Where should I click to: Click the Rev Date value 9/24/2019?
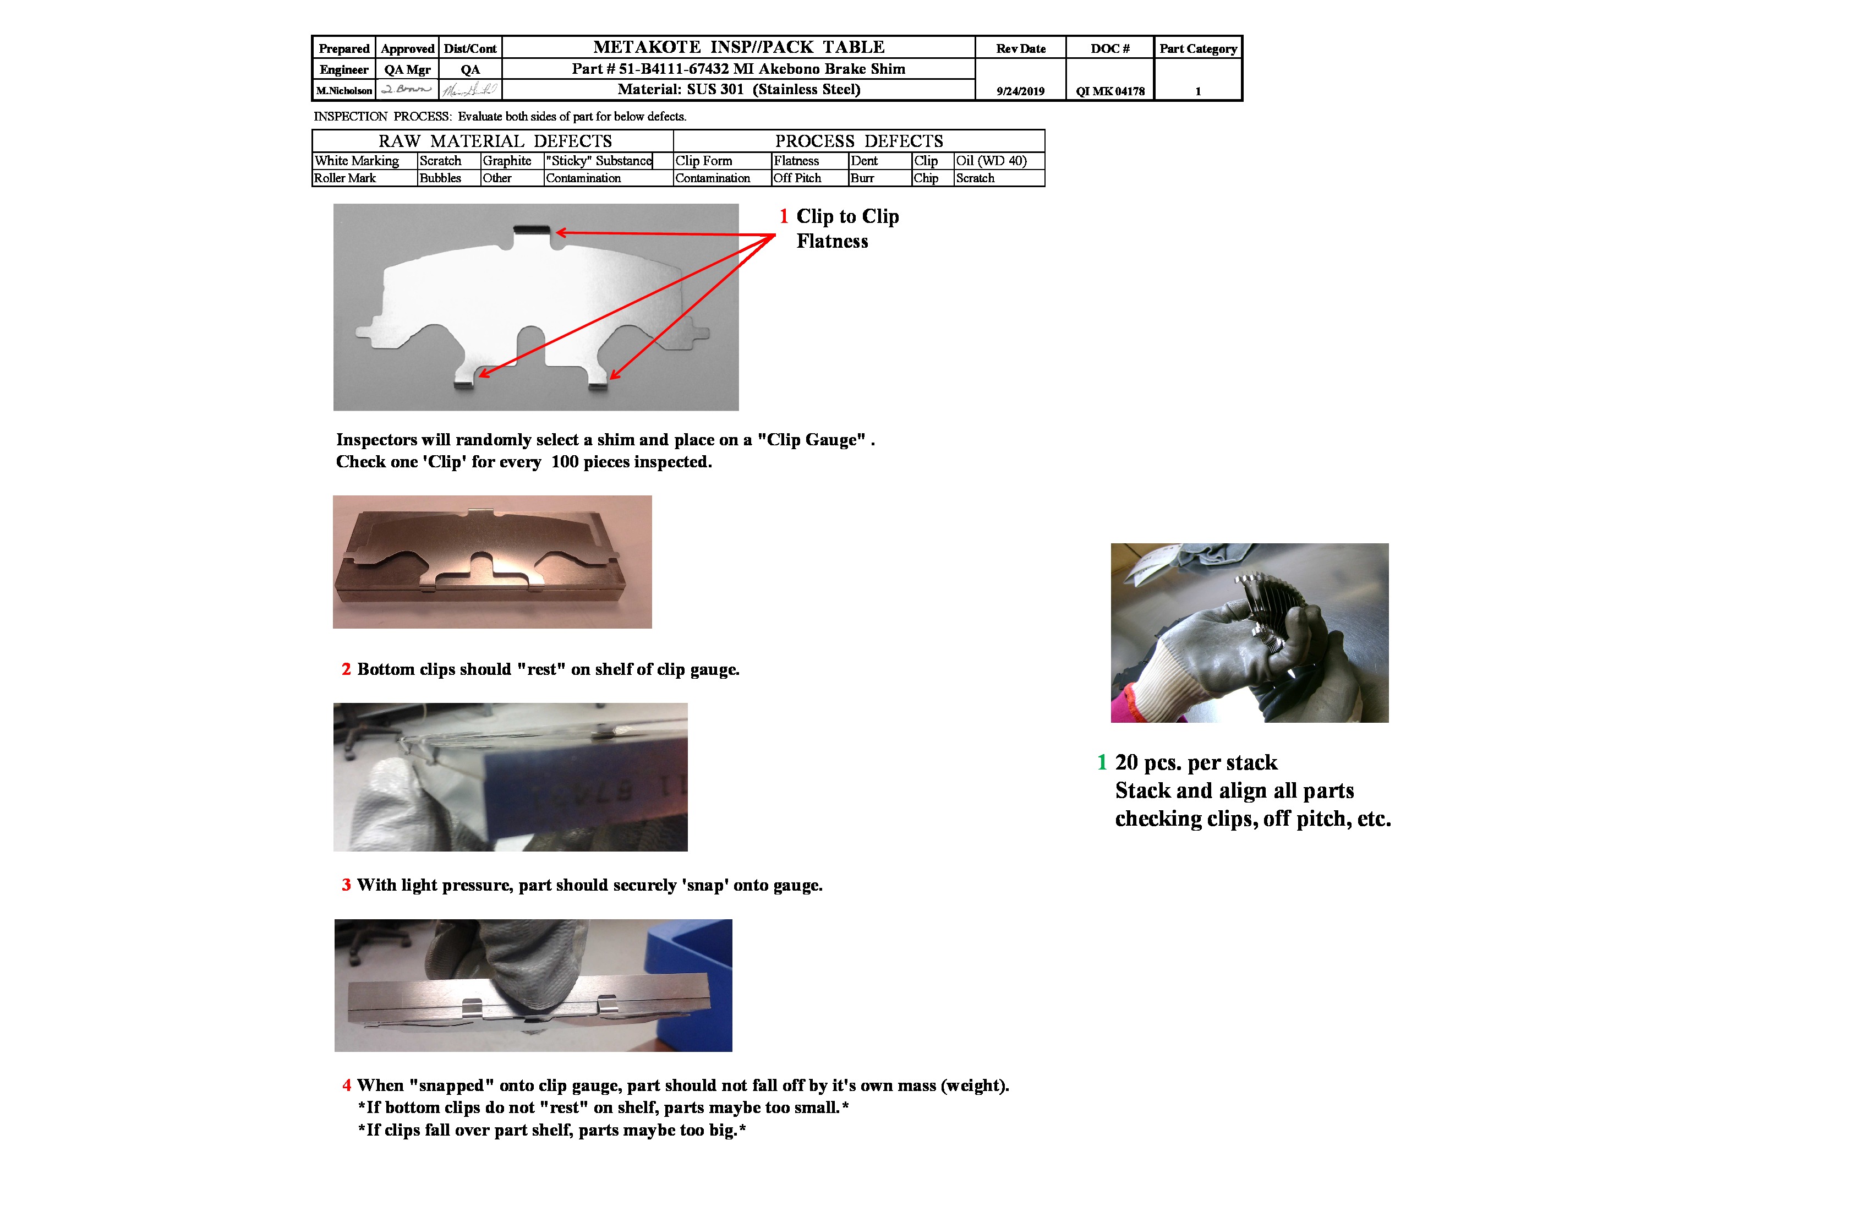click(x=1020, y=91)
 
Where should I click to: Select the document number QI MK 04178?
click(x=1110, y=91)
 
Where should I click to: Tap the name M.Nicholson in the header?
click(x=343, y=90)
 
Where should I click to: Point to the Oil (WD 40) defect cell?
click(x=991, y=160)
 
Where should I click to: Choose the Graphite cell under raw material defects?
click(x=507, y=160)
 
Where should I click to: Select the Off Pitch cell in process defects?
click(x=797, y=178)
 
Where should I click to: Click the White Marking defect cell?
click(x=357, y=160)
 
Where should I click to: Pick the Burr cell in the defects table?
click(x=862, y=178)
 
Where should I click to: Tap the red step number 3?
click(x=346, y=886)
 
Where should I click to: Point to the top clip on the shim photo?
click(x=532, y=230)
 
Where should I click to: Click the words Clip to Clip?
click(x=847, y=216)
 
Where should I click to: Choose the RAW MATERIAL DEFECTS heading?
click(x=495, y=141)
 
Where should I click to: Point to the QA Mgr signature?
click(x=407, y=90)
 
